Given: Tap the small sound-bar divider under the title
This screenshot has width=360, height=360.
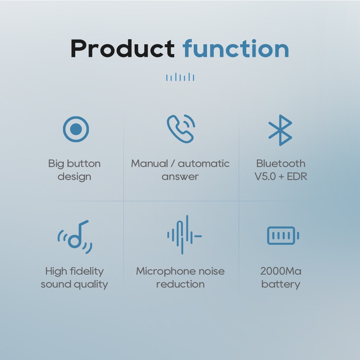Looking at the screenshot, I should point(180,77).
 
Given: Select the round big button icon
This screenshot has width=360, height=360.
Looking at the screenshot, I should point(76,129).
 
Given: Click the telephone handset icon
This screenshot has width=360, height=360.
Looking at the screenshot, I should point(181,129).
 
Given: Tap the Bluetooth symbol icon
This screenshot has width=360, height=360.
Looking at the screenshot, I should point(280,130).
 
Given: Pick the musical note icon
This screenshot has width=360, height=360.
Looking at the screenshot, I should point(75,237).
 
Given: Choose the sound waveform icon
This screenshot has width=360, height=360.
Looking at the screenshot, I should point(184,235).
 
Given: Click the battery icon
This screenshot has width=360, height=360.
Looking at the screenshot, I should point(283,236).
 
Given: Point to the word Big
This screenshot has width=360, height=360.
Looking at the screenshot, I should point(56,164).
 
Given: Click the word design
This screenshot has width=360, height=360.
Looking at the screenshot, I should point(75,176).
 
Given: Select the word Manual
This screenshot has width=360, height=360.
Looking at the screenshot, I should point(149,163).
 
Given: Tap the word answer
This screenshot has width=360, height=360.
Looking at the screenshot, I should point(180,176).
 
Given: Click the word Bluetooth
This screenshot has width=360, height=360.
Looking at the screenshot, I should point(281,163).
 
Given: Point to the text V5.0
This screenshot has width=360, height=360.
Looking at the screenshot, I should point(265,176).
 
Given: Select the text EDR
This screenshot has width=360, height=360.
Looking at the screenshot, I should point(297,176).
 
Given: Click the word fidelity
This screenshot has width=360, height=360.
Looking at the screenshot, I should point(87,271).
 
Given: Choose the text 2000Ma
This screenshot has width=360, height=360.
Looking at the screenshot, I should point(281,271).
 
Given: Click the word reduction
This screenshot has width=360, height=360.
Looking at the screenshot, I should point(180,284).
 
